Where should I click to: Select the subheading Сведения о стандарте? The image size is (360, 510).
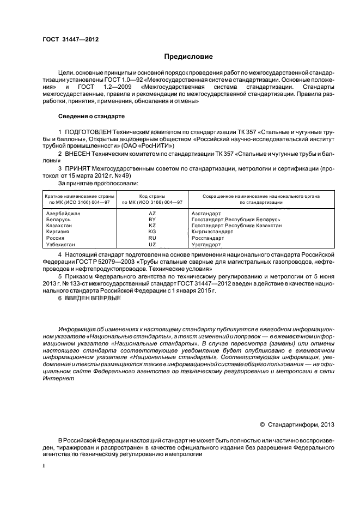(x=91, y=117)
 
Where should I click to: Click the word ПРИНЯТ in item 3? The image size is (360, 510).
(x=78, y=169)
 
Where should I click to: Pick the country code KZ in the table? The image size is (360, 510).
(x=152, y=226)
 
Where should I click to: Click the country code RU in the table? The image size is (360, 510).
(x=152, y=238)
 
